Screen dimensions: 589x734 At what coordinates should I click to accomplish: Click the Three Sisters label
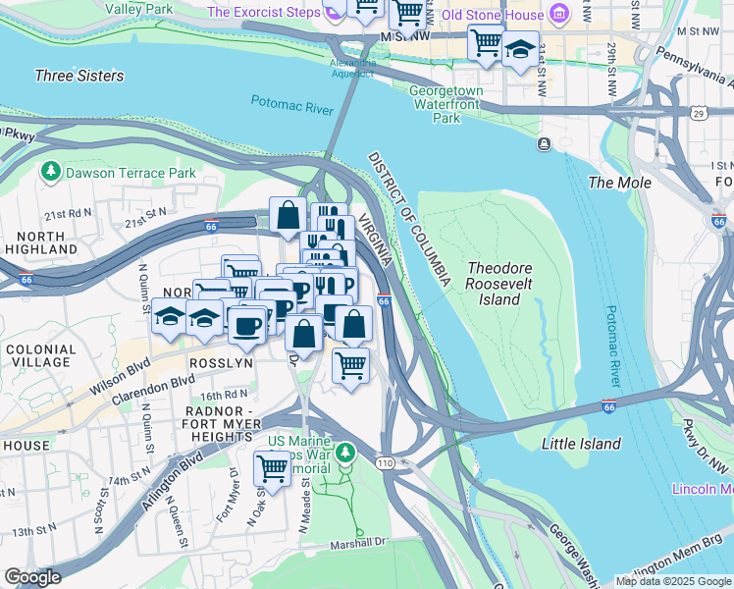(79, 76)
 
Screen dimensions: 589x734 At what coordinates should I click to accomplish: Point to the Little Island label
(581, 444)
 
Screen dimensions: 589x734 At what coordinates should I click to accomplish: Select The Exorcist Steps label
(264, 13)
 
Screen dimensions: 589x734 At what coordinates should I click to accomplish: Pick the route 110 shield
(383, 459)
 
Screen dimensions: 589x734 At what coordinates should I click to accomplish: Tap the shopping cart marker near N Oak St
(272, 467)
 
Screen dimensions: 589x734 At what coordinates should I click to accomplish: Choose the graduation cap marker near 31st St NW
(520, 48)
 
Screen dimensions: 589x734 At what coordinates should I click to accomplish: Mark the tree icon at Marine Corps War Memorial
(344, 454)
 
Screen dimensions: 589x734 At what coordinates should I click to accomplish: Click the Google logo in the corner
(33, 577)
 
